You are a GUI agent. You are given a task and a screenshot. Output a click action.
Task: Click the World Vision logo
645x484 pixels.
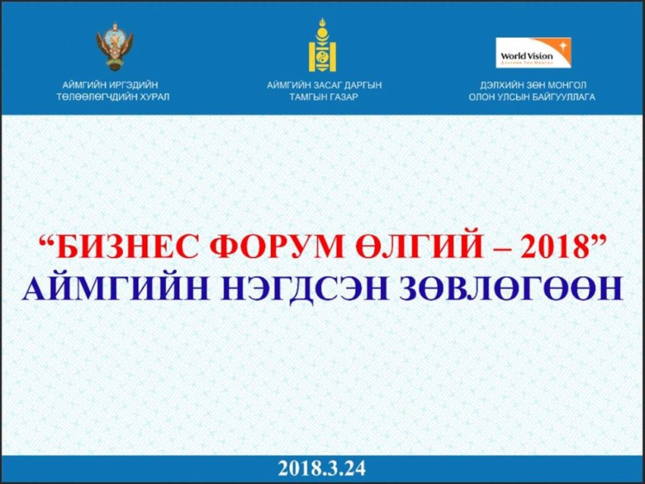coord(533,52)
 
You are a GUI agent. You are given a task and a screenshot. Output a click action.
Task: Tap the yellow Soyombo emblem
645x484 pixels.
coord(322,46)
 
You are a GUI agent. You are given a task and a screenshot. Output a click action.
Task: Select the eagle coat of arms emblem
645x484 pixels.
coord(115,46)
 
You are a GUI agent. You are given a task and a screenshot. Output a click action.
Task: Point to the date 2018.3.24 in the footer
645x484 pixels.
coord(322,468)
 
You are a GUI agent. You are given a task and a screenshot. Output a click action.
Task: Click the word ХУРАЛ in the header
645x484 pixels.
coord(152,97)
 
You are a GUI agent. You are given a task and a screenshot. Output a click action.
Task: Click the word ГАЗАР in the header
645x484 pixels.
coord(342,97)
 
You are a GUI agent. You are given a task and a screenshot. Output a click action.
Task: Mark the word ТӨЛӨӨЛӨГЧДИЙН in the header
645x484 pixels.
coord(94,97)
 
